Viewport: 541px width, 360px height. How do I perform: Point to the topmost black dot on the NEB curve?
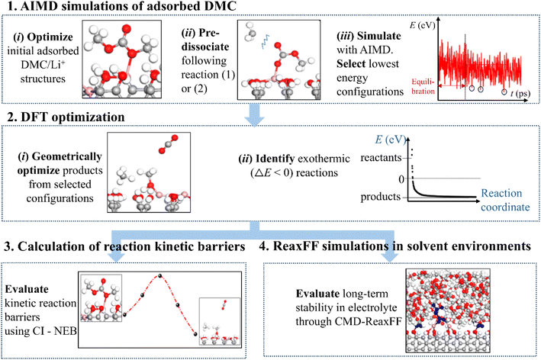(159, 275)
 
